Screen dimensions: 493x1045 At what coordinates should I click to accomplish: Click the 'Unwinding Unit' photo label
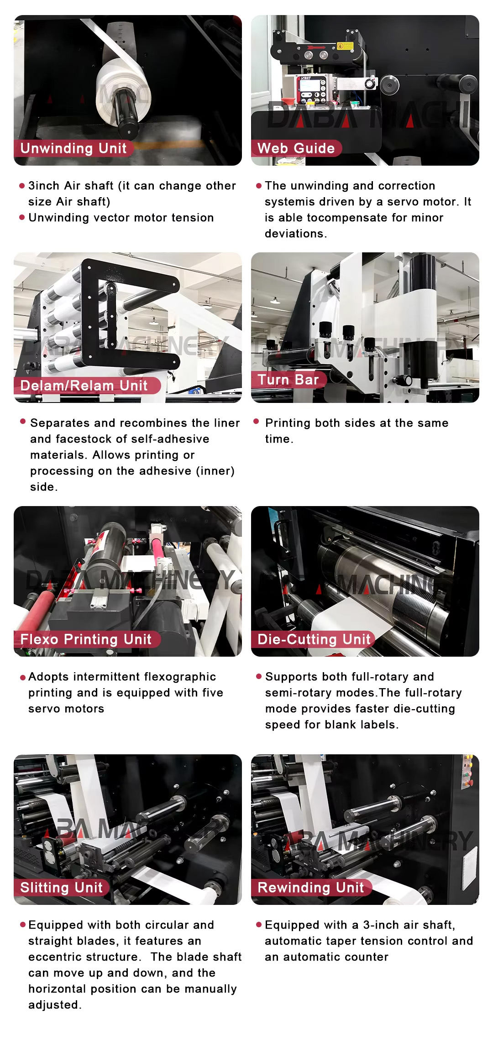(x=73, y=148)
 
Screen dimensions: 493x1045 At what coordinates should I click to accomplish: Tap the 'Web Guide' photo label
(x=296, y=148)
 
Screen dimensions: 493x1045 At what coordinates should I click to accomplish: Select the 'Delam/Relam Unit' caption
(x=84, y=386)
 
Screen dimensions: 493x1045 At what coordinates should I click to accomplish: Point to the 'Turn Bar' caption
(x=288, y=380)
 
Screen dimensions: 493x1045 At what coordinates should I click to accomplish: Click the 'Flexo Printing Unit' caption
(x=86, y=639)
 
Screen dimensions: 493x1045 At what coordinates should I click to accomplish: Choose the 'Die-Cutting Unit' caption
(x=314, y=639)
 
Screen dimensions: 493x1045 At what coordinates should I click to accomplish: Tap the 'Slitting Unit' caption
(x=62, y=888)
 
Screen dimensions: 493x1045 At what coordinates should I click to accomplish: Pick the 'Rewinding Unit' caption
(x=311, y=888)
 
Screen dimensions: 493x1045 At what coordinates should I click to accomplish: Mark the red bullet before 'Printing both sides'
(x=256, y=422)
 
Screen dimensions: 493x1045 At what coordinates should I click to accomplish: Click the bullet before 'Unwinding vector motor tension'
(x=22, y=217)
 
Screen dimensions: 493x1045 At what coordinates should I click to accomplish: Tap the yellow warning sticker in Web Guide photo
(x=346, y=46)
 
